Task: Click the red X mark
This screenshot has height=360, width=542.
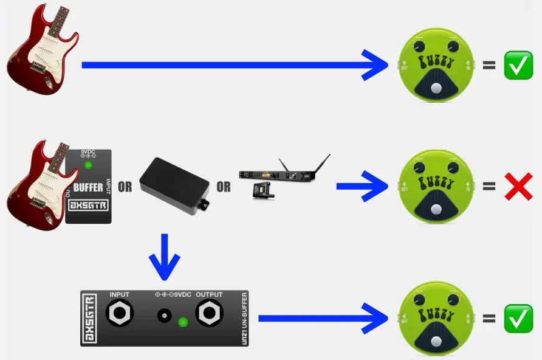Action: (518, 187)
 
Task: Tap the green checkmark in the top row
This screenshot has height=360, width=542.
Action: (518, 64)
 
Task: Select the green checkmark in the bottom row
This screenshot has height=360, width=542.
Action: (518, 318)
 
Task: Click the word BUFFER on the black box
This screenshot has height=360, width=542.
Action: (88, 187)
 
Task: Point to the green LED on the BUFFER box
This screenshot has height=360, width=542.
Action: (89, 165)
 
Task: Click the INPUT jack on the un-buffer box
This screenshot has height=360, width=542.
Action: (120, 314)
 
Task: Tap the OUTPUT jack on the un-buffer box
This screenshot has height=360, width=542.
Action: (210, 314)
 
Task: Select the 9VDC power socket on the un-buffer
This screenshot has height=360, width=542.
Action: (164, 316)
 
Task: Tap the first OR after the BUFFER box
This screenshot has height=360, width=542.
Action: (125, 187)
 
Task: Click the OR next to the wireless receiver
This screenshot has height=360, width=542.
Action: (224, 187)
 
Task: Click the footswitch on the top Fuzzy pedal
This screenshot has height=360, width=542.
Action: (434, 89)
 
